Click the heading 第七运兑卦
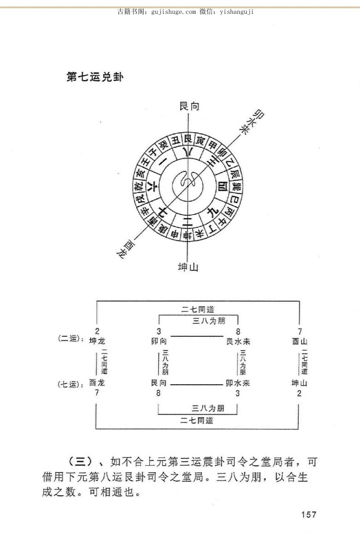[x=95, y=76]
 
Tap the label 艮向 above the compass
[x=189, y=106]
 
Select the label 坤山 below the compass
[x=188, y=267]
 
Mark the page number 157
[x=308, y=514]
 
